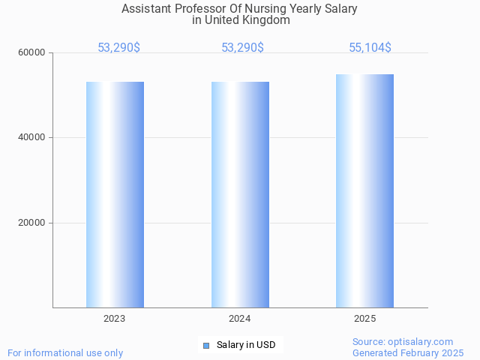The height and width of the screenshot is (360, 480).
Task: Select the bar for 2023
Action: pos(115,194)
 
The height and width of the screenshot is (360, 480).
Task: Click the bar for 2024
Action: pos(240,194)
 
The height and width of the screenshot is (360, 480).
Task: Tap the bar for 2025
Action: pos(364,190)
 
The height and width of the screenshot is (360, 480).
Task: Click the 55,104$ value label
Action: pos(370,48)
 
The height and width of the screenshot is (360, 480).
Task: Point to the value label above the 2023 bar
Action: pos(118,48)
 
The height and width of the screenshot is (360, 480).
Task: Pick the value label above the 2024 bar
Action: pos(242,48)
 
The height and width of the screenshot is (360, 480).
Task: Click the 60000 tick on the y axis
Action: pos(33,52)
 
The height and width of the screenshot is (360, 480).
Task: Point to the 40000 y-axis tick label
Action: pos(33,137)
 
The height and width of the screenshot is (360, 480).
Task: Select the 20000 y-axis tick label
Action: pos(33,223)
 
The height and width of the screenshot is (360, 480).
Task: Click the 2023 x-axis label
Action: pos(115,319)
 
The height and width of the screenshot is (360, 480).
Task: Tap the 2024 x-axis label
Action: pos(240,319)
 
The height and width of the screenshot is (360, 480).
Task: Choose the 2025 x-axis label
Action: pos(364,319)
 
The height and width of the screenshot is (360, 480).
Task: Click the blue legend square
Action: pos(206,345)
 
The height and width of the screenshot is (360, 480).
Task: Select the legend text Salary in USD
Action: pos(246,345)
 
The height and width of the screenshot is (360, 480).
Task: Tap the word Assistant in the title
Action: pos(148,9)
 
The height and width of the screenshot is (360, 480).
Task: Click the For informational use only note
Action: pos(65,352)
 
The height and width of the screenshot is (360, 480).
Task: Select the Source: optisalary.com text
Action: pos(403,341)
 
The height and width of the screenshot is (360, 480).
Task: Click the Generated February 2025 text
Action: pos(408,352)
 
